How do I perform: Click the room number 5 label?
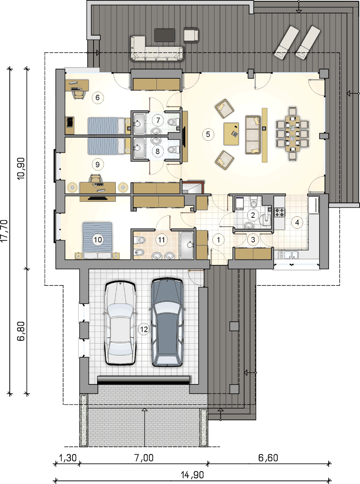coord(208,134)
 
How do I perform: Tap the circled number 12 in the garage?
coord(144,329)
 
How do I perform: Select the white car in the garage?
coord(120,323)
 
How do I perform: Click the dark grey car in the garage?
coord(167,322)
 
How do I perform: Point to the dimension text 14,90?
coord(192,475)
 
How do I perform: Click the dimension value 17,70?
coord(4,230)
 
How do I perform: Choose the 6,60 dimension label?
coord(268,458)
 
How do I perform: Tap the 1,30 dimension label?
coord(68,458)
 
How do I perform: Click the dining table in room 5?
coord(292,134)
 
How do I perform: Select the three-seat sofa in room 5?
coord(253,135)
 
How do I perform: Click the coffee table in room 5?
coord(231,134)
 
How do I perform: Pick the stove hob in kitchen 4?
coord(280,212)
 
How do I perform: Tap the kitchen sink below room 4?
coord(288,255)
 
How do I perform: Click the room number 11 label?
coord(161,240)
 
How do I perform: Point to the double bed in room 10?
coord(97,240)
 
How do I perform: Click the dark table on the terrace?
coord(164,35)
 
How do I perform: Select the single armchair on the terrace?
coord(191,34)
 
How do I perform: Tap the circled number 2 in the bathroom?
coord(253,215)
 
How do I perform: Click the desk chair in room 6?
coord(78,94)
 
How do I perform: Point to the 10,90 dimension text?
coord(21,169)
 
